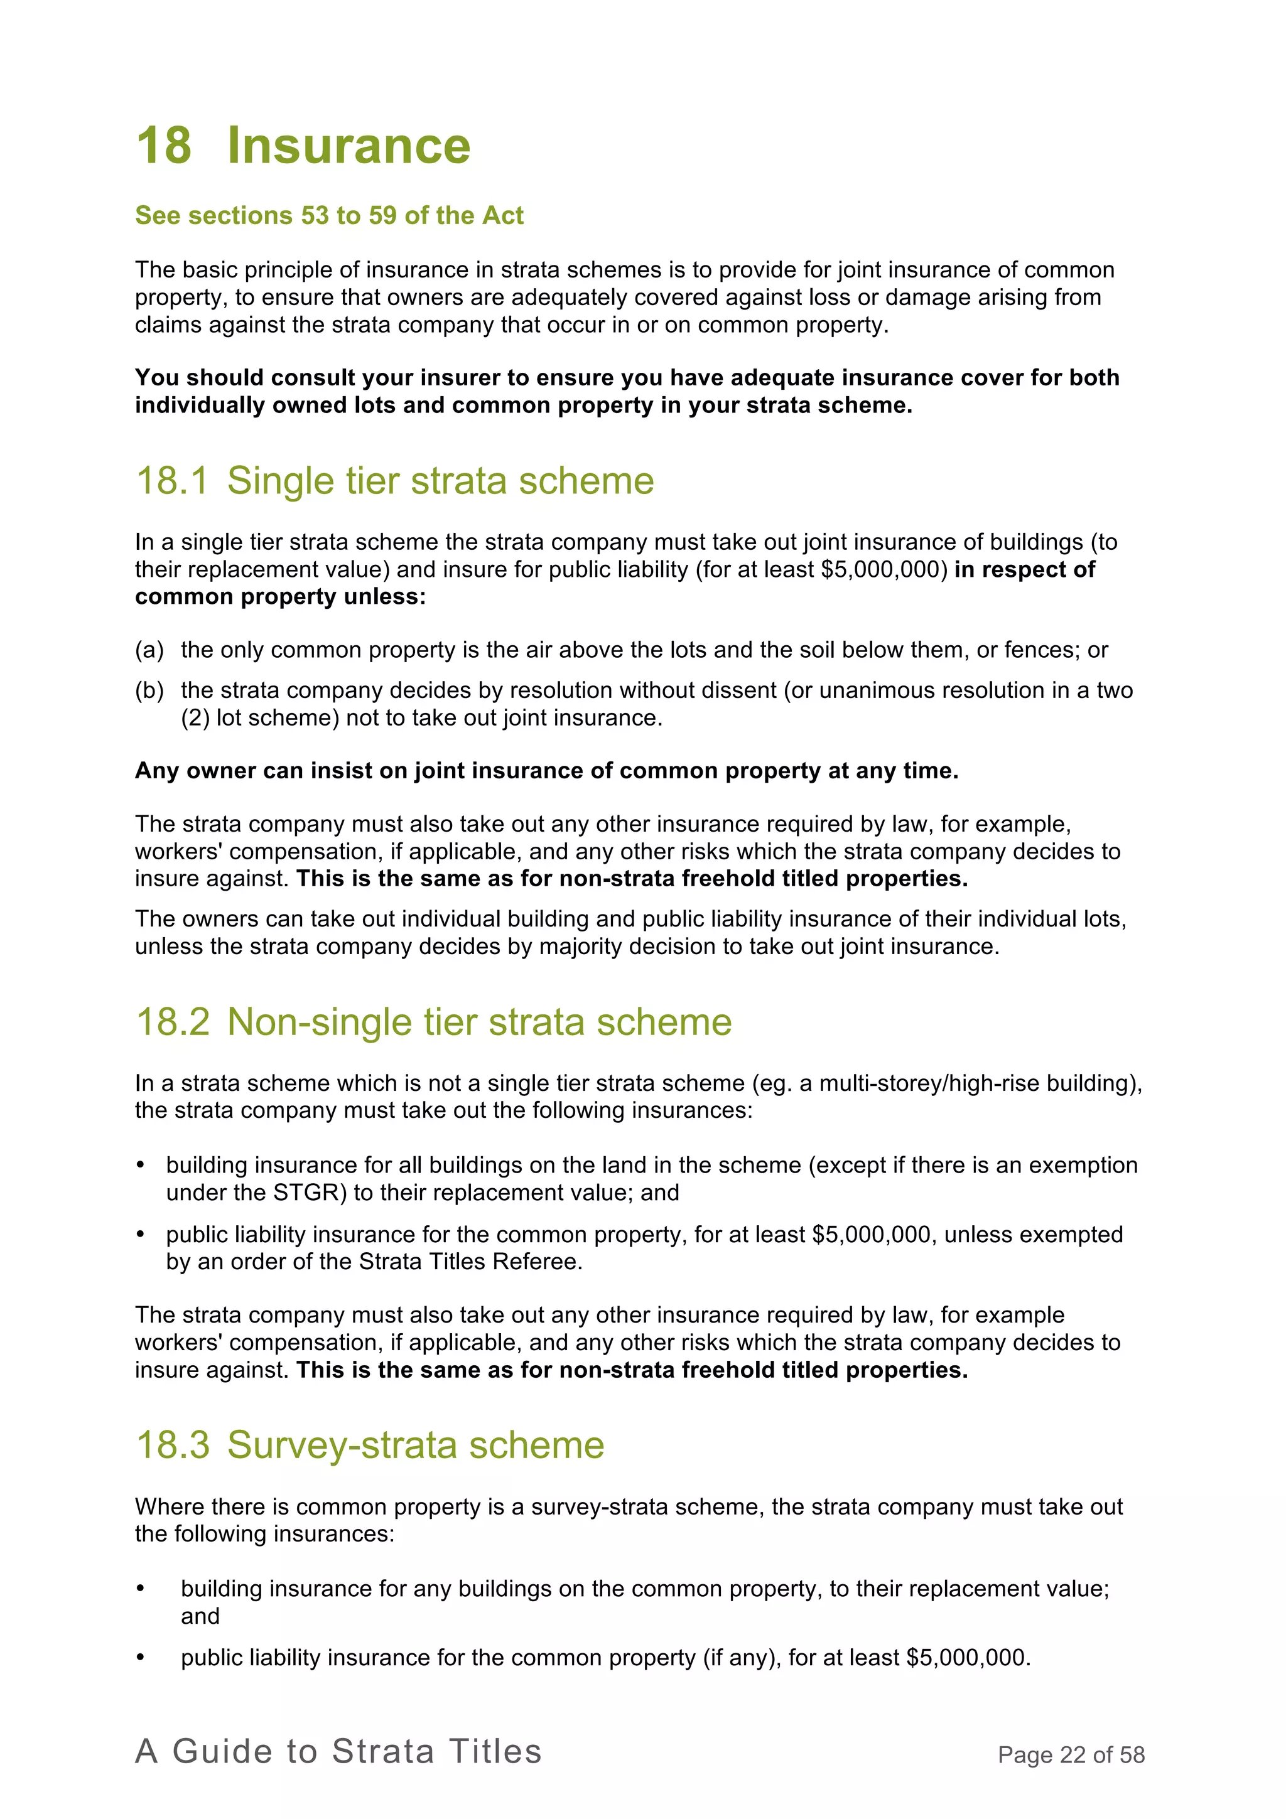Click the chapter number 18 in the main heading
pos(164,146)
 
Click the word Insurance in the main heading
pos(349,146)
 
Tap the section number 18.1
pos(172,481)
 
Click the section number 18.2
pos(173,1022)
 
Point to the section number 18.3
pos(173,1445)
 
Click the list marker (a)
pos(149,650)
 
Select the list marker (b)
pos(149,690)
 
